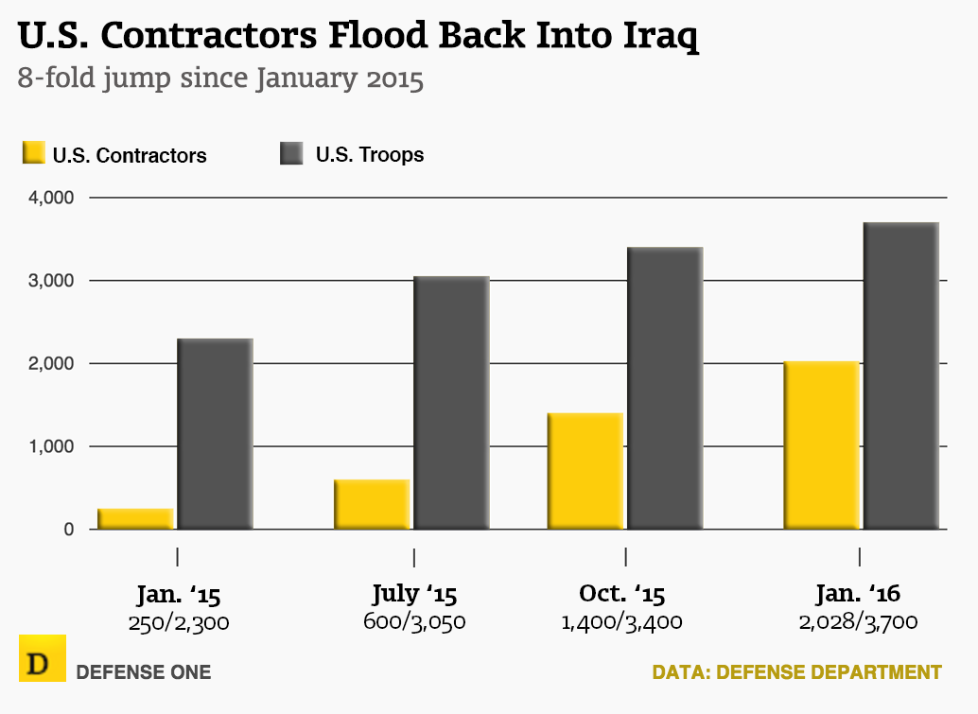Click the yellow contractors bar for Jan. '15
click(x=135, y=519)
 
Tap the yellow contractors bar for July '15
click(x=372, y=504)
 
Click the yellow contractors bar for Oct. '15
click(x=585, y=471)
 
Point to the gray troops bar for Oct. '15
click(x=664, y=388)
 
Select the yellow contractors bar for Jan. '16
click(x=821, y=444)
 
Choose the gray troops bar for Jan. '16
click(x=900, y=375)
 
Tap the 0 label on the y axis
click(x=68, y=530)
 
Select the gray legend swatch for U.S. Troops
click(x=291, y=154)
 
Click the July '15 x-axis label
click(x=414, y=594)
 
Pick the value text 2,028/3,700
click(x=859, y=622)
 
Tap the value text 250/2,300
click(x=178, y=622)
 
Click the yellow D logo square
click(x=42, y=658)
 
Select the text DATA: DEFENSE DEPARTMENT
click(x=796, y=672)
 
